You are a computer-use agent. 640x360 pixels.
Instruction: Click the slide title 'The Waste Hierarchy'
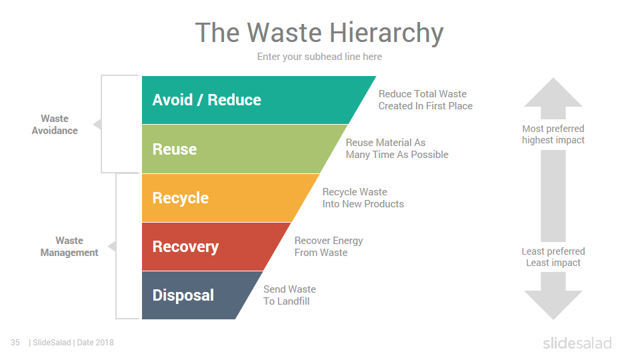pos(319,33)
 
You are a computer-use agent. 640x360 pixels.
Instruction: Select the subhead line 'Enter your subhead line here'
pos(319,57)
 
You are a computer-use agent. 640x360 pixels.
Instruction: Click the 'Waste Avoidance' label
pos(55,125)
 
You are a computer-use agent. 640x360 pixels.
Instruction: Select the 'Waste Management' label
pos(69,247)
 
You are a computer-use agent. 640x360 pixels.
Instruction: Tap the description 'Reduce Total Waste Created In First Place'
pos(425,100)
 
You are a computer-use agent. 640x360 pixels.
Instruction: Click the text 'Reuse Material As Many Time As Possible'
pos(397,149)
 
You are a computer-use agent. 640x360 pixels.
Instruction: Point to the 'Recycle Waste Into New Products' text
pos(363,198)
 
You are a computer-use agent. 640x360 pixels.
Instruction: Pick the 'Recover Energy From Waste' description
pos(329,247)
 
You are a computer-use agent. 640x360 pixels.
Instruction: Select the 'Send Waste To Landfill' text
pos(289,295)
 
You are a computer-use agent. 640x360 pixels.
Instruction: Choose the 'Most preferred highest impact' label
pos(553,134)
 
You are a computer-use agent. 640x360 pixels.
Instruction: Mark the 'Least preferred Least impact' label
pos(553,257)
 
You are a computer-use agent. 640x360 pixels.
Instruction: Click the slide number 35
pos(15,343)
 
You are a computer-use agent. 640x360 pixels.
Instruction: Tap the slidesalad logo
pos(577,343)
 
